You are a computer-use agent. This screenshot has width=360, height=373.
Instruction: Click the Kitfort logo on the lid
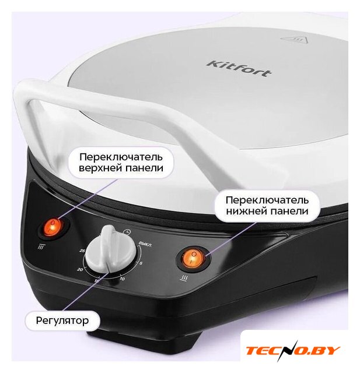point(238,69)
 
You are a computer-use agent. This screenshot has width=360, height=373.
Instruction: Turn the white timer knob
point(110,250)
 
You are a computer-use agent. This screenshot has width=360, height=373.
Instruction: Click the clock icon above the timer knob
point(127,231)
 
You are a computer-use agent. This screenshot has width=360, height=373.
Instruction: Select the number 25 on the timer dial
point(82,250)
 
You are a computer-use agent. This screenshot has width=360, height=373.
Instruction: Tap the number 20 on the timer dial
point(80,269)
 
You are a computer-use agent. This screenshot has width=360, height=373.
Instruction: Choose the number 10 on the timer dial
point(123,279)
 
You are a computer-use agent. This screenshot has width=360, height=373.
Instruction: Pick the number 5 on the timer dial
point(141,263)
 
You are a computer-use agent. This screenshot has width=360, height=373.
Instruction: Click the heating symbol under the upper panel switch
point(41,247)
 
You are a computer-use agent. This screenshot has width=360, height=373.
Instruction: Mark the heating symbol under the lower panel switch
point(185,278)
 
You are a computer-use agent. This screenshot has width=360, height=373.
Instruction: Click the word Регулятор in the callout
point(62,321)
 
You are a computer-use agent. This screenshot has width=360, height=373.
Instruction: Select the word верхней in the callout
point(100,168)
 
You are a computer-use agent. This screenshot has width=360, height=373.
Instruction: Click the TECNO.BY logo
point(293,350)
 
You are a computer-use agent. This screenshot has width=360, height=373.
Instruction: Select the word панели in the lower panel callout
point(288,211)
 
